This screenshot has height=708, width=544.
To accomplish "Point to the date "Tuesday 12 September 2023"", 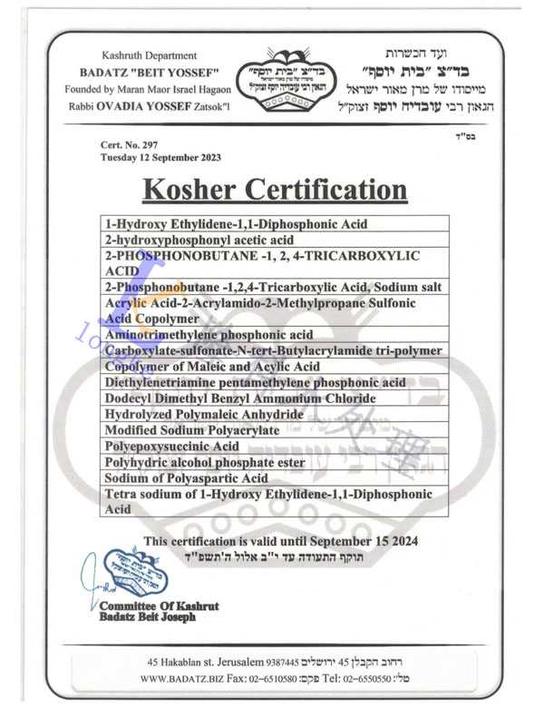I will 160,157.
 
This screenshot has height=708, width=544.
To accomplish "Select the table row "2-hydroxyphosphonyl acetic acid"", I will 199,240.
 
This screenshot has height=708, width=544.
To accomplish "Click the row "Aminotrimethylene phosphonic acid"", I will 209,334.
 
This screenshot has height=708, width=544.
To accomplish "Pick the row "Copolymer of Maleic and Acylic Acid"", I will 212,366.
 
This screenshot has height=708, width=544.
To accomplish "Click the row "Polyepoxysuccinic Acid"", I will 172,446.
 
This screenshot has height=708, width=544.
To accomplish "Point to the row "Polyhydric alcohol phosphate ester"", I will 201,462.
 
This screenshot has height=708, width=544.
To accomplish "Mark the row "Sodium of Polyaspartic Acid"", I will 186,477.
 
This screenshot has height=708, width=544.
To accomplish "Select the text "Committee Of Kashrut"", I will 159,605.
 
